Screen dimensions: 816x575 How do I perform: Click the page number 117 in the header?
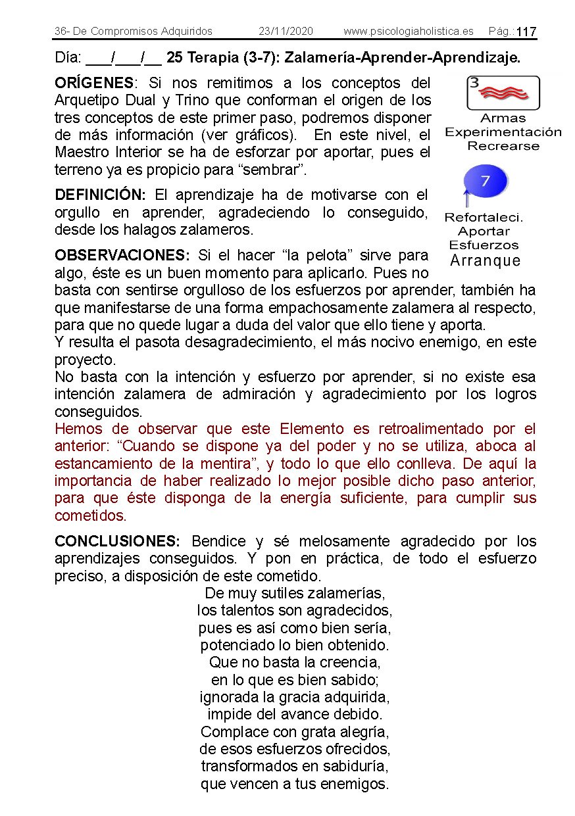[x=526, y=32]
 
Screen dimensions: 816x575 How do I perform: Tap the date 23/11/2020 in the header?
[x=286, y=31]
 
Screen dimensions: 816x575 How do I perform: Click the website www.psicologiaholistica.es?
[x=408, y=31]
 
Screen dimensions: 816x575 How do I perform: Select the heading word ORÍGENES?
[x=94, y=84]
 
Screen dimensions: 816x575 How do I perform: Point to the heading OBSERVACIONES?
[x=122, y=255]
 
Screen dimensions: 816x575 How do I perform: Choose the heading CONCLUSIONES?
[x=117, y=542]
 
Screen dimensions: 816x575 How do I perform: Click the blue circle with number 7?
[x=486, y=181]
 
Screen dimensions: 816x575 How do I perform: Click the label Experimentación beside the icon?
[x=503, y=132]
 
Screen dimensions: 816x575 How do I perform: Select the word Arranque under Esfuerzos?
[x=485, y=260]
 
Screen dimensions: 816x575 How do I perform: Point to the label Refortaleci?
[x=484, y=218]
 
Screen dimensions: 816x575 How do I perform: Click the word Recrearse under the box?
[x=503, y=146]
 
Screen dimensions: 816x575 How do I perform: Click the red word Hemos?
[x=79, y=429]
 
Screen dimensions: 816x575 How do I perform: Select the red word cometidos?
[x=90, y=516]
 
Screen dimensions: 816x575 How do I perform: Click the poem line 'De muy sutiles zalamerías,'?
[x=295, y=593]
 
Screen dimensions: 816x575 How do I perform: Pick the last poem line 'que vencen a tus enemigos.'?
[x=295, y=784]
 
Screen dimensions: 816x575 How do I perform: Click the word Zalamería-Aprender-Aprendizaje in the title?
[x=402, y=58]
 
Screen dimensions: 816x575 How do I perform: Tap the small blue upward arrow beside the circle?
[x=465, y=196]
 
